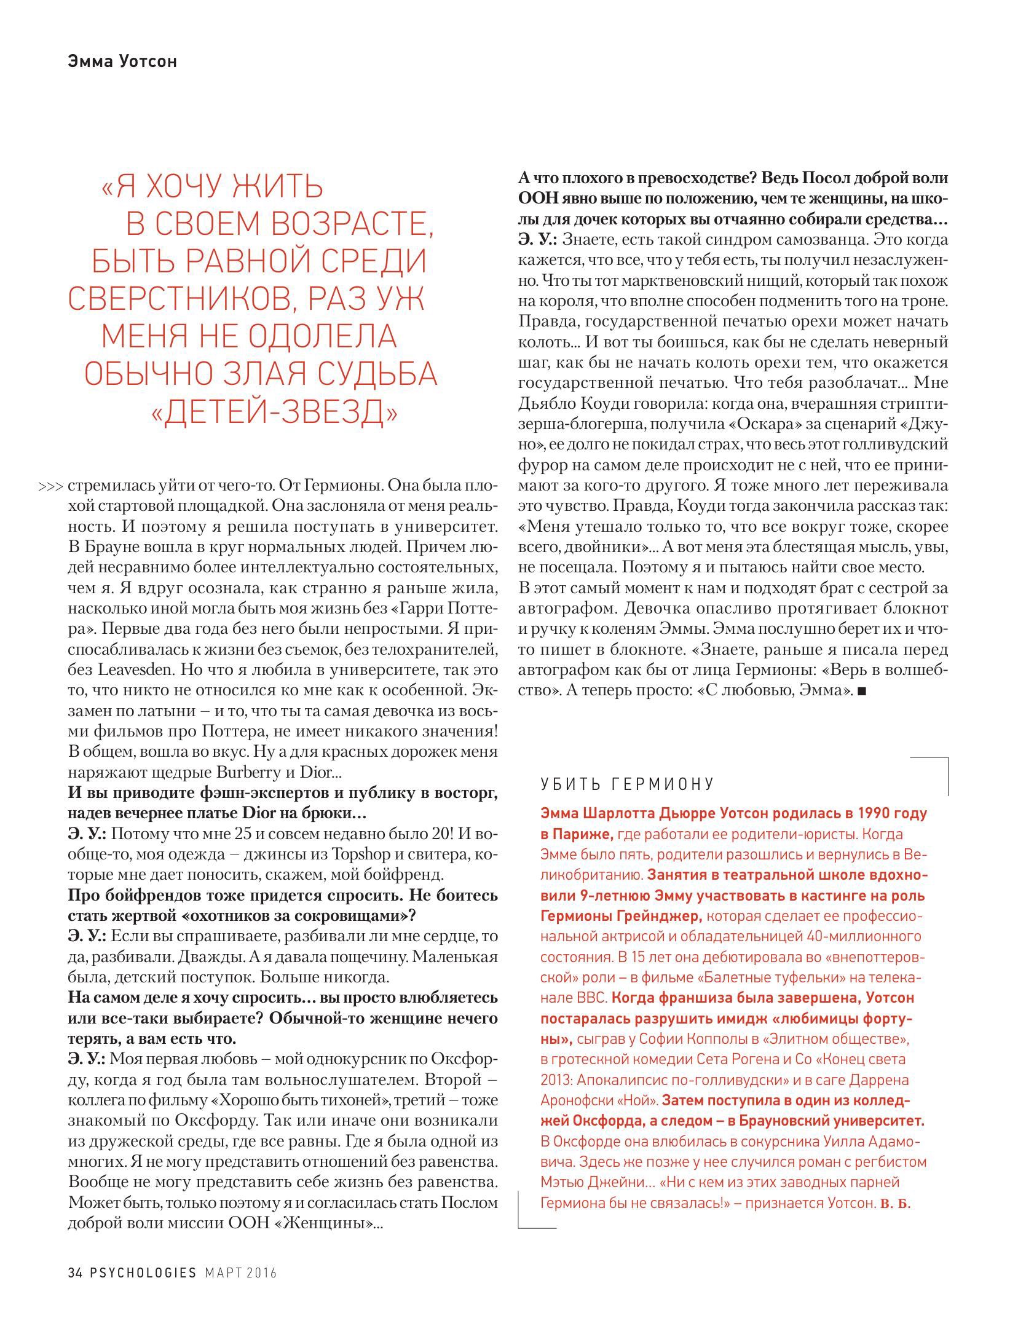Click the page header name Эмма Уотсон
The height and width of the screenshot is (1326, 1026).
click(122, 61)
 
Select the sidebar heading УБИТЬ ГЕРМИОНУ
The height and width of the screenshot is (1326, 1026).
click(627, 784)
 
